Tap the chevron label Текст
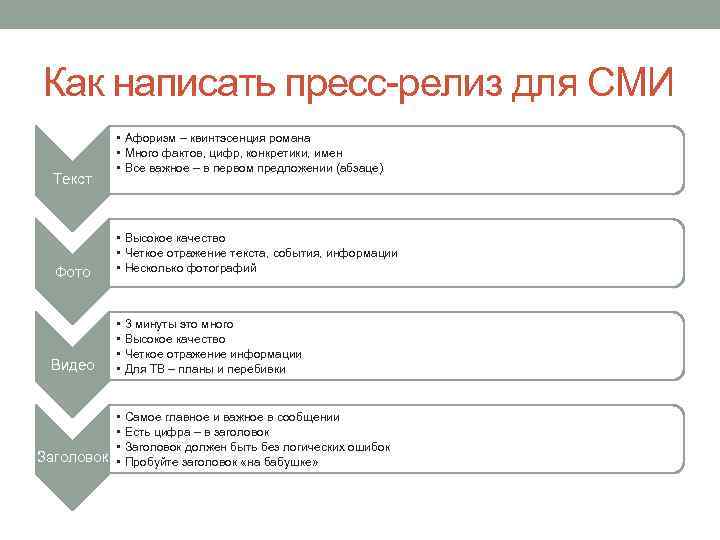72,179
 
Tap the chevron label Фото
72,272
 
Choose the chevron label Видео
72,365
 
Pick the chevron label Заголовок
72,457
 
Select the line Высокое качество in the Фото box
175,238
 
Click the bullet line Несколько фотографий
190,268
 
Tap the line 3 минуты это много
179,324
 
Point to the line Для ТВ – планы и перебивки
205,369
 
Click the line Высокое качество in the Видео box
175,339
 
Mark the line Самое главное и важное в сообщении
232,416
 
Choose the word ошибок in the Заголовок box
367,446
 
